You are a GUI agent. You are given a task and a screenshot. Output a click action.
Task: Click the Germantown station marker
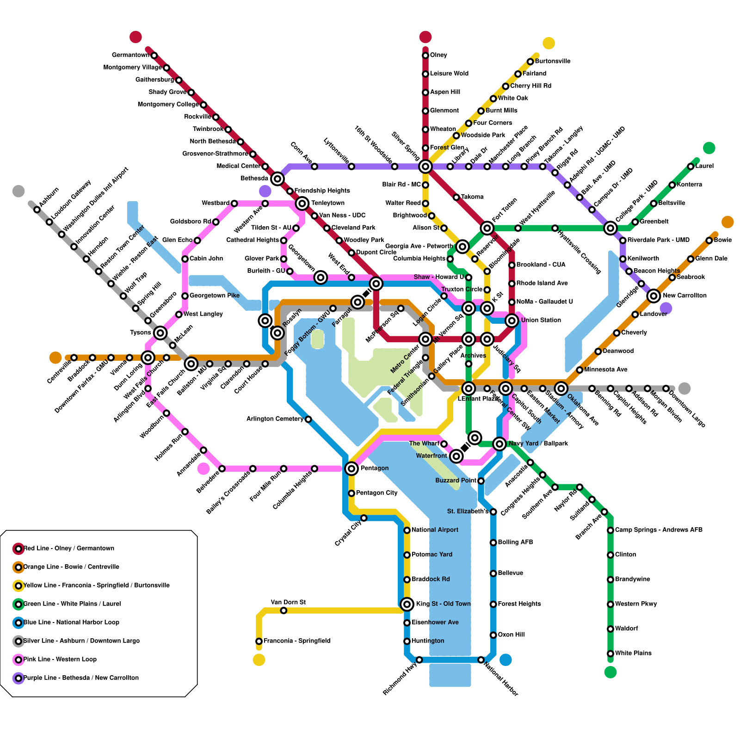154,55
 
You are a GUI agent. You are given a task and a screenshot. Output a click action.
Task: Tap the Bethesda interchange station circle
277,179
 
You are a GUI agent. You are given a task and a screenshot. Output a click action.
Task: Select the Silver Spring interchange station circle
425,166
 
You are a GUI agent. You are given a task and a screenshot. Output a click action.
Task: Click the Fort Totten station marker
487,228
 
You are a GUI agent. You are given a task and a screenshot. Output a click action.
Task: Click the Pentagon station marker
351,469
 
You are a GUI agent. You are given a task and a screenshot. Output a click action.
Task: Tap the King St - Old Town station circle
407,604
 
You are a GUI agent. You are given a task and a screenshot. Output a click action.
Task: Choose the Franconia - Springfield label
297,641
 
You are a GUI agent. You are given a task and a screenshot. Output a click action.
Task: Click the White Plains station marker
610,654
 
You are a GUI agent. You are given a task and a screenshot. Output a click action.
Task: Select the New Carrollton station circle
654,296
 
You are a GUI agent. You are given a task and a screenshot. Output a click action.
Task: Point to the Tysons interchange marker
160,333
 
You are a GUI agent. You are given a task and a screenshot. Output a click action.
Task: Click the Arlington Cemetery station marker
308,419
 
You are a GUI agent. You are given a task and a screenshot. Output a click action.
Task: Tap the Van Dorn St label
288,602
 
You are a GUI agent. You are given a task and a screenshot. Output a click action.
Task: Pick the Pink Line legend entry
60,660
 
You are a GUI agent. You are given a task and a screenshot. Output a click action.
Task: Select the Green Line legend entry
72,604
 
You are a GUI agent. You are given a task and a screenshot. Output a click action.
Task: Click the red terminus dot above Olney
425,37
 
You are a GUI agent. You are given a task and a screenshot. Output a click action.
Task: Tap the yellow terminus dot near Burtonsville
549,43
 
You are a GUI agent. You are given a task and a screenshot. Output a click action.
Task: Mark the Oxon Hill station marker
493,635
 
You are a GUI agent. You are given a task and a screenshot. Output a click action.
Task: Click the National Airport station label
435,530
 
